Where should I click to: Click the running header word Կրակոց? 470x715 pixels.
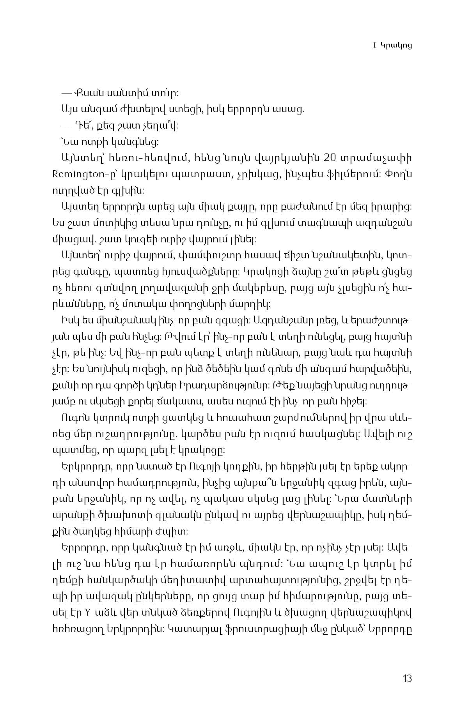coord(396,46)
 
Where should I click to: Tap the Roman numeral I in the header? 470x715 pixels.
coord(374,46)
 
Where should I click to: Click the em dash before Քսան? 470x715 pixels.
coord(68,94)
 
